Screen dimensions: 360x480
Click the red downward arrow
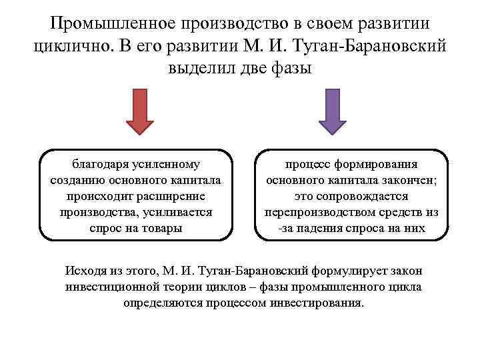point(140,111)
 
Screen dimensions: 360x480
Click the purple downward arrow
point(332,111)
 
